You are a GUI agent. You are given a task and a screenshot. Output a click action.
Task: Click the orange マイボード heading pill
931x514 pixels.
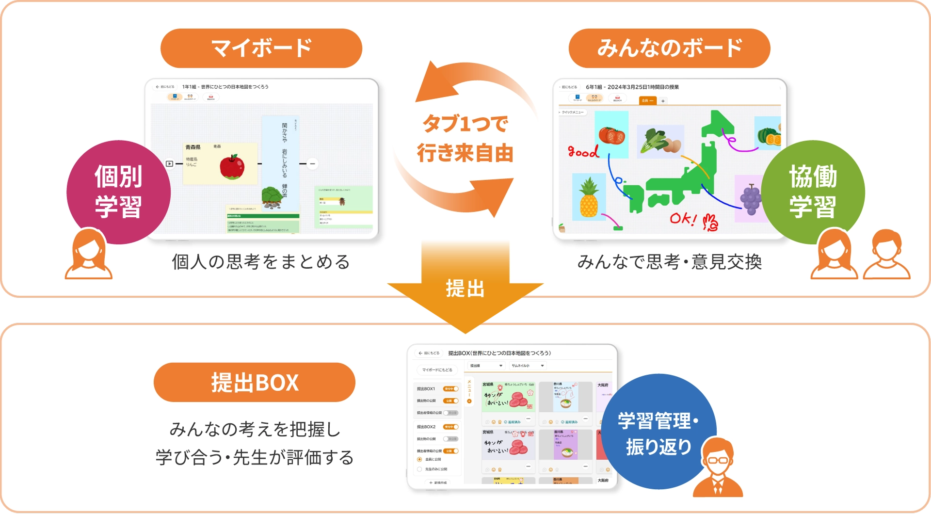click(261, 48)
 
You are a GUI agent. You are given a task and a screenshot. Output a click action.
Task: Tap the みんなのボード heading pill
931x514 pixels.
click(669, 48)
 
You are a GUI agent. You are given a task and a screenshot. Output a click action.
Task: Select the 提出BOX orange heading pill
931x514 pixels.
click(254, 382)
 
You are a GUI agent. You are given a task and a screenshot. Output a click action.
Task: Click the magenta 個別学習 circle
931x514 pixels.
click(118, 192)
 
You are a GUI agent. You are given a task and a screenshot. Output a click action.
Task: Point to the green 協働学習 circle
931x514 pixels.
click(813, 192)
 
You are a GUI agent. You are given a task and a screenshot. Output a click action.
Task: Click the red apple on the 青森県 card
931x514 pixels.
click(232, 167)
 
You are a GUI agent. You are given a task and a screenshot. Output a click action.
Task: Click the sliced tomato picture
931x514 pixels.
click(611, 135)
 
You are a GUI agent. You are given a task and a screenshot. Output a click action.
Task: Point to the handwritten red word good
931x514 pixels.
click(583, 152)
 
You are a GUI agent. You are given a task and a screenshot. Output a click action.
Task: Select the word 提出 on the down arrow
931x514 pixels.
click(465, 289)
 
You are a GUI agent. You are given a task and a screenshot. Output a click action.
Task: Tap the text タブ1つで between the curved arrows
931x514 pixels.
click(465, 124)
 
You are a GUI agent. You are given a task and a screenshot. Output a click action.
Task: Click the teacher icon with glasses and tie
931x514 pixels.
click(718, 468)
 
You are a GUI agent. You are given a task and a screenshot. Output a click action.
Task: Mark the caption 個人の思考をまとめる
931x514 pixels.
click(261, 262)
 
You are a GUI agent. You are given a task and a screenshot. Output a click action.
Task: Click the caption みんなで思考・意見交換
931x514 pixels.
click(669, 262)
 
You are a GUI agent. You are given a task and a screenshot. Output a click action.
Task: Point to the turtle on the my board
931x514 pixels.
click(272, 197)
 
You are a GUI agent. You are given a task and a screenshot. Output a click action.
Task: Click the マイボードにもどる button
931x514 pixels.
click(437, 370)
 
